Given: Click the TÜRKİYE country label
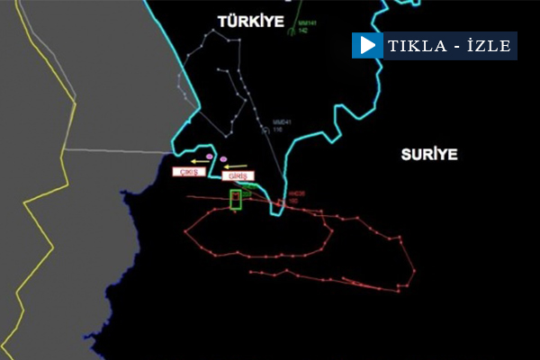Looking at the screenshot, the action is coord(250,20).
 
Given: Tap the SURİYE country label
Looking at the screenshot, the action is coord(429,154).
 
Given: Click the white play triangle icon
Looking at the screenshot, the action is coord(365,45).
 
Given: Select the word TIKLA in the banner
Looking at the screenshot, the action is coord(416,46).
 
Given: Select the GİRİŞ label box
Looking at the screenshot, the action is coord(238,176).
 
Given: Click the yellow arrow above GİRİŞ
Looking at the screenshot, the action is coord(234,166).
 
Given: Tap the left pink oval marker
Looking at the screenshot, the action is coord(211,156).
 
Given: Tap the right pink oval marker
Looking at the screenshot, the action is coord(223,159).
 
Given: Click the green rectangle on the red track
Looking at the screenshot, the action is coord(236,200).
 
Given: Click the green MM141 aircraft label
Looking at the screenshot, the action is coord(308,23).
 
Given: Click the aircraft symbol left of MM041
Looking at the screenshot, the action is coord(265,129).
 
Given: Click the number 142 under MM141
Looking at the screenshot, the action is coord(304,31).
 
